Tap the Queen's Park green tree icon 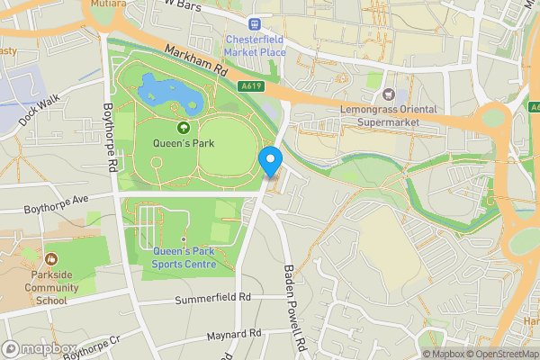183,129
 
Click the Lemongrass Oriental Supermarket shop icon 389,94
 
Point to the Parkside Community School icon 49,259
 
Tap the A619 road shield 251,86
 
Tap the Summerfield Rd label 212,298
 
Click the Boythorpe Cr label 91,347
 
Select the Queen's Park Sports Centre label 192,257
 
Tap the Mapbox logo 40,348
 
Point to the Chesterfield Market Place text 256,45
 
